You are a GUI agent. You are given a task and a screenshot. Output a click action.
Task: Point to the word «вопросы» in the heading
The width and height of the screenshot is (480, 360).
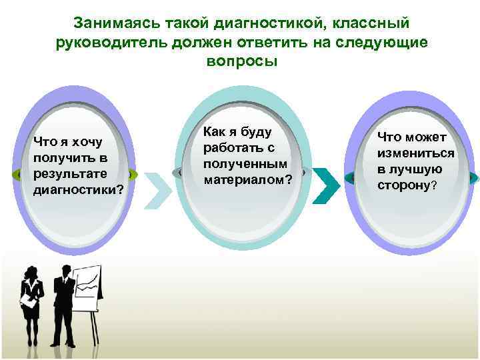tap(238, 61)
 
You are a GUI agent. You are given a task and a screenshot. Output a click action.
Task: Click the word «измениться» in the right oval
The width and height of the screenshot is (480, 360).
tap(415, 153)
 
